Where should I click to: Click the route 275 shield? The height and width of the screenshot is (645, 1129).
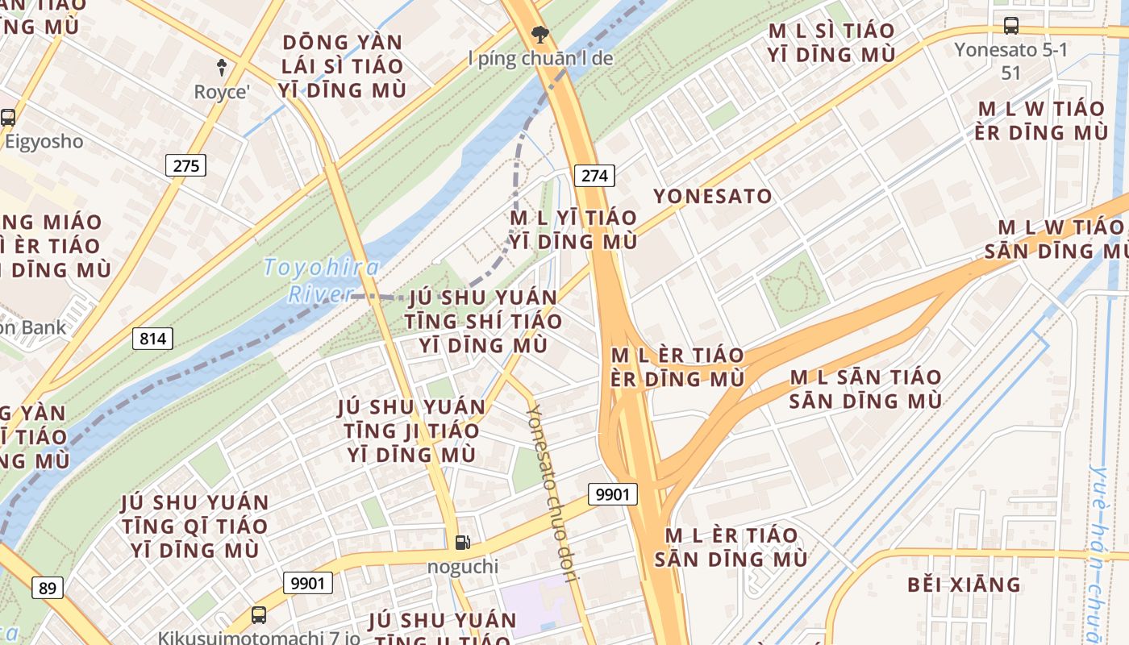[x=185, y=166]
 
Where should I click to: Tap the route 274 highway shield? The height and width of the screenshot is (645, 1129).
[x=595, y=176]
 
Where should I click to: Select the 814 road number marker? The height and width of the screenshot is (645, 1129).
[x=152, y=339]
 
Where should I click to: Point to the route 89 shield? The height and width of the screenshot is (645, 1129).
[x=48, y=588]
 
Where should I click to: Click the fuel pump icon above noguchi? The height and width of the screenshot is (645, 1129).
[x=462, y=543]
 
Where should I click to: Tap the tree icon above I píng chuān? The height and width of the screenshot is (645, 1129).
[x=540, y=34]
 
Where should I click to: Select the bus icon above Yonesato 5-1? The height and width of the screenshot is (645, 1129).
[x=1010, y=25]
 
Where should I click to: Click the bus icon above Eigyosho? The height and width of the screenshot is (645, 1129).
[x=8, y=117]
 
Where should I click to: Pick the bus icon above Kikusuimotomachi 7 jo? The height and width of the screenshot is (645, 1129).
[x=258, y=615]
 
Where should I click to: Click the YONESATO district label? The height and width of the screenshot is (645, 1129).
[x=712, y=196]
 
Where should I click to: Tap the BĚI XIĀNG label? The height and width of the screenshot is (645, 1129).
[x=964, y=585]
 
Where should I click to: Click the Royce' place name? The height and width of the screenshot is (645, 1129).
[x=222, y=92]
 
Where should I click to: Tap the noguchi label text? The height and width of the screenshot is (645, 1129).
[x=462, y=567]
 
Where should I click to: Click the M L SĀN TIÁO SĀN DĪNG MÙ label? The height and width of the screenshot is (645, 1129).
[x=865, y=389]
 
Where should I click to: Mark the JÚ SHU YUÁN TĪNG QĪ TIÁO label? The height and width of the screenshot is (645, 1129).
[x=194, y=526]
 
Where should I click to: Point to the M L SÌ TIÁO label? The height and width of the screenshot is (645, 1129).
[x=831, y=43]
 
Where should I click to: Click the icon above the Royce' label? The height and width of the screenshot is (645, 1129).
[x=222, y=67]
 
